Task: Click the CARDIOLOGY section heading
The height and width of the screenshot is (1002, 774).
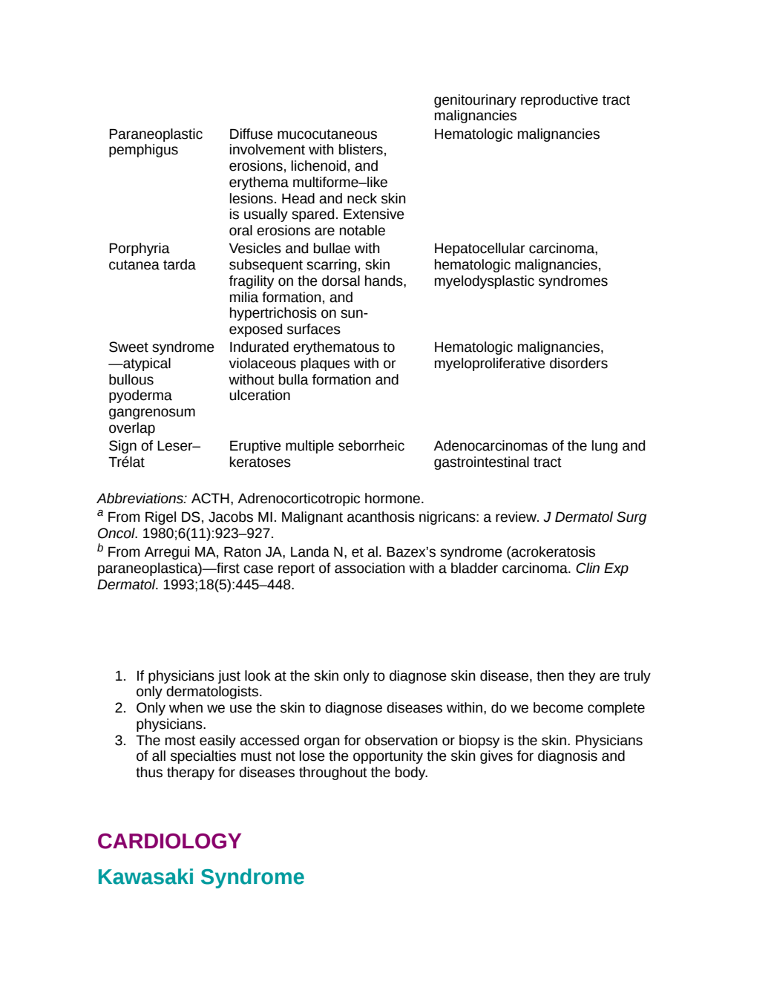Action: pos(169,841)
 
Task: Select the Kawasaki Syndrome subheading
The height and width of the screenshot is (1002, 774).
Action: pos(201,877)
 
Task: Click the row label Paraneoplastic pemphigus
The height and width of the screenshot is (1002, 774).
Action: pos(155,142)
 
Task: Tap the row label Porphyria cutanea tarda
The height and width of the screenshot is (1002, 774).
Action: pos(152,256)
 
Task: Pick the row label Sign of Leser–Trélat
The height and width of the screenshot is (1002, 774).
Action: pos(154,453)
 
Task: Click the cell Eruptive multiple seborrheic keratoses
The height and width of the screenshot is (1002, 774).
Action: pos(317,453)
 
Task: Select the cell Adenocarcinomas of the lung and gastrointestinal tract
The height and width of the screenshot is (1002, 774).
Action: pos(539,453)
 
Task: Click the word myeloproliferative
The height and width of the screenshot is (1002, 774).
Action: pos(491,364)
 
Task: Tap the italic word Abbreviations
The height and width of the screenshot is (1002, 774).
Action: pos(142,499)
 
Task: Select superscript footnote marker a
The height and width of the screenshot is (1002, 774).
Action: pos(100,513)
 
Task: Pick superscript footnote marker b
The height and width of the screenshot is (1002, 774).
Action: pos(100,548)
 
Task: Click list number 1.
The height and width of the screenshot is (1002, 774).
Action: pos(120,676)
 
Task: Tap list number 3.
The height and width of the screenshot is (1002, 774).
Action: pos(120,741)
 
